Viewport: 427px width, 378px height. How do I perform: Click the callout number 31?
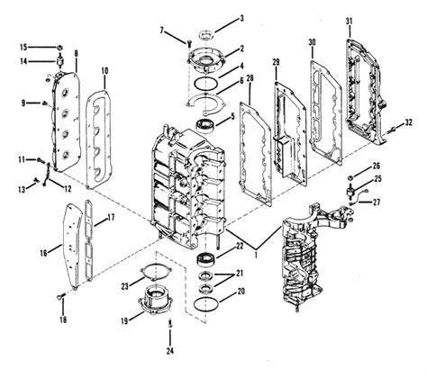point(349,22)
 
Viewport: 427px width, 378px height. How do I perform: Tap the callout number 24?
point(170,350)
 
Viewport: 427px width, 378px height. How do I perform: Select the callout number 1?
point(256,255)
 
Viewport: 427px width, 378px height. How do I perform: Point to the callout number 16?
point(44,253)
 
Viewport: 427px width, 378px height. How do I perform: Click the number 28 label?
point(250,78)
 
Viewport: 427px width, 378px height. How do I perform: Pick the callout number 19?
point(124,321)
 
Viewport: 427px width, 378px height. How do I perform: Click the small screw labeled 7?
point(189,43)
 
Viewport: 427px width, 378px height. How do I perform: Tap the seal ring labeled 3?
point(206,34)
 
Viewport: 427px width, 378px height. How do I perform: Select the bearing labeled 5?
point(204,125)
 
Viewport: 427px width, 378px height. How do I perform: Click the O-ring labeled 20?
point(206,304)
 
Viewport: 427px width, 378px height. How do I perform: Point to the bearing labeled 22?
point(207,259)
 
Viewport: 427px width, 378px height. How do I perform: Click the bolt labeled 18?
point(60,297)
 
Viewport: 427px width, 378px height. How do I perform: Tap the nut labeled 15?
point(59,47)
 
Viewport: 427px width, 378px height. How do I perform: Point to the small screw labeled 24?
point(170,324)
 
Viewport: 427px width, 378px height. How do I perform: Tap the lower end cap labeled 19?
point(155,300)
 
